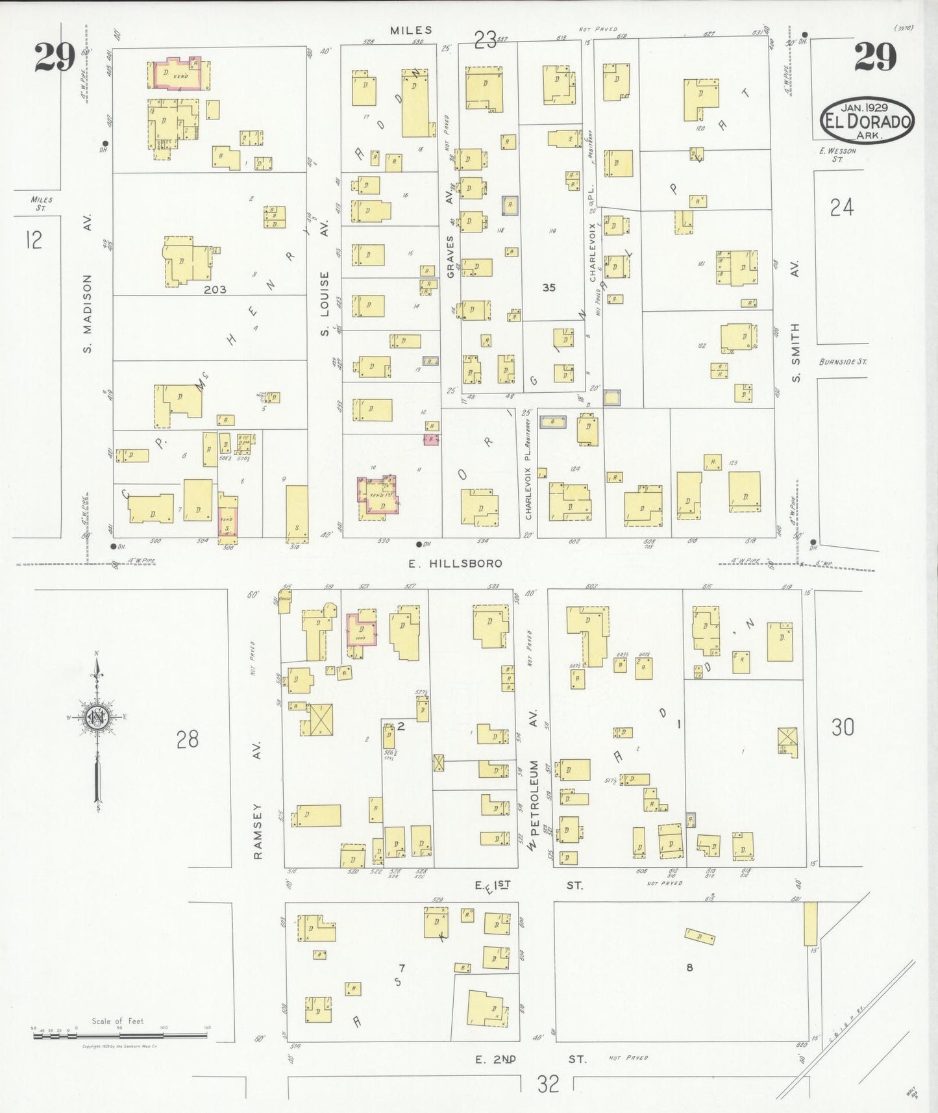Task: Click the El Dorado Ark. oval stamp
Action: coord(867,121)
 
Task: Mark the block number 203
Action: coord(214,290)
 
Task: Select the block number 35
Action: coord(549,287)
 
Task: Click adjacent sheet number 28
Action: coord(187,739)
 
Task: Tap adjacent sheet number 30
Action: coord(842,727)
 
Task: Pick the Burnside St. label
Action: coord(842,362)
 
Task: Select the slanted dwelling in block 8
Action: coord(700,937)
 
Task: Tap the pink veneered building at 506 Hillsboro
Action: coord(227,516)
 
